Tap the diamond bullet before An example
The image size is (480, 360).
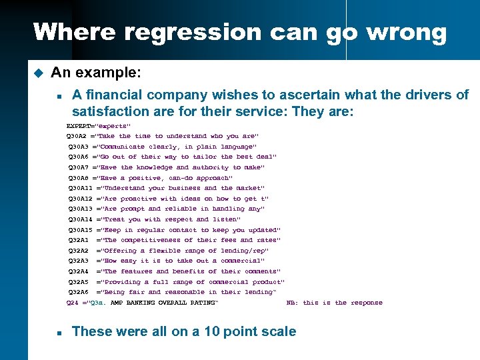click(38, 71)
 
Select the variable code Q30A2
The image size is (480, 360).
click(79, 136)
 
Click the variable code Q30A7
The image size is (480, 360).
click(79, 167)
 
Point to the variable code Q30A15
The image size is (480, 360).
click(81, 230)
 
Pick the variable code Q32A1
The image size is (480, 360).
click(79, 240)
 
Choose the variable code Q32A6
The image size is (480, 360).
click(79, 292)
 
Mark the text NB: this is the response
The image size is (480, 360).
click(335, 303)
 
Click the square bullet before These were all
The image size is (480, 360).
click(59, 332)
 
